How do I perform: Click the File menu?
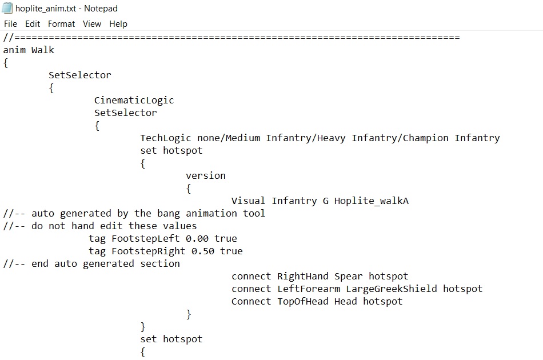(10, 24)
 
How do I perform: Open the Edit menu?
(33, 24)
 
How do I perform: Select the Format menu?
(61, 24)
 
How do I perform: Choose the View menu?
(92, 24)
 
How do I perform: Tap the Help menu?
(118, 24)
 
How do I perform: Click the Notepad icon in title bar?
(7, 8)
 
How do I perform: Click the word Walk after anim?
(43, 50)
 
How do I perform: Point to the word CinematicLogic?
(134, 101)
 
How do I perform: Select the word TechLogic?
(166, 138)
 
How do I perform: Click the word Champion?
(426, 138)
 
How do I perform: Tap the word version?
(206, 175)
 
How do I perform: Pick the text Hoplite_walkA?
(371, 201)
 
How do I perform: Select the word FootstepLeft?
(146, 238)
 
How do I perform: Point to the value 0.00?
(197, 238)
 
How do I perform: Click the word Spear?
(349, 276)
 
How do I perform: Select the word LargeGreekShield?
(392, 289)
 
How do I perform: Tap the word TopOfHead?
(303, 301)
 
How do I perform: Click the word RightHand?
(303, 276)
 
